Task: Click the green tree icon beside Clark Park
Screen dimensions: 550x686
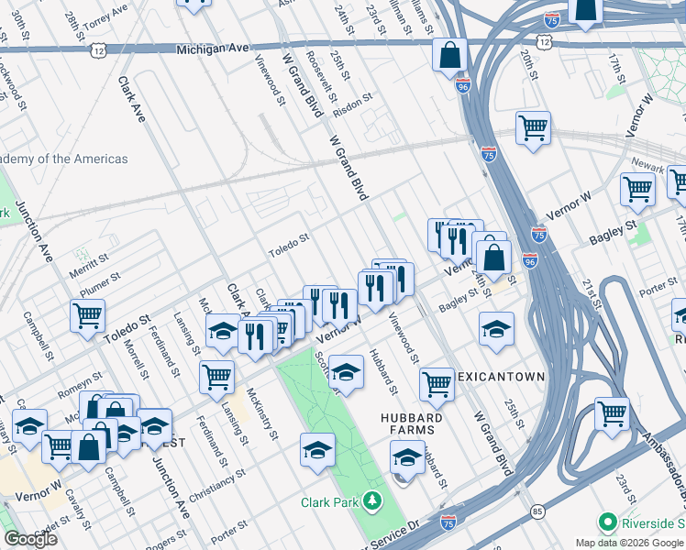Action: (372, 500)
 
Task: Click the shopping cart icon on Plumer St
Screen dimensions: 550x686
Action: (87, 314)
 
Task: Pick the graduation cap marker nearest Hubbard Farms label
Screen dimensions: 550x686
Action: (408, 456)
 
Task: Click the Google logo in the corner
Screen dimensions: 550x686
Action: (30, 539)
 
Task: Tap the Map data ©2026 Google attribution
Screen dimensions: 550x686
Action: (629, 543)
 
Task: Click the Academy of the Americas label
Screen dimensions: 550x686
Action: (64, 159)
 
